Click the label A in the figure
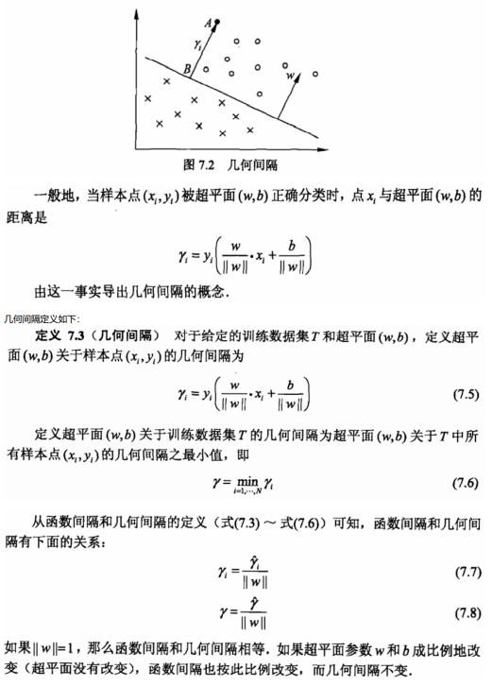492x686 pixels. point(207,21)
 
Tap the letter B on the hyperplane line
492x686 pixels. point(188,69)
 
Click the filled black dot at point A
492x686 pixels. point(217,20)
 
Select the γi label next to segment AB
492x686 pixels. point(196,43)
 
